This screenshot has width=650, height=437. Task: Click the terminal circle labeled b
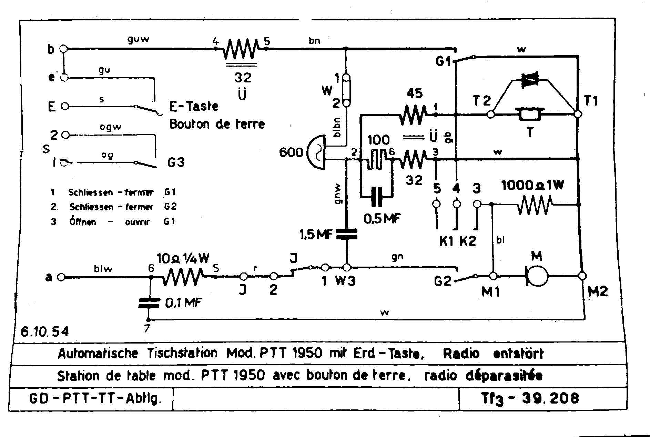point(63,49)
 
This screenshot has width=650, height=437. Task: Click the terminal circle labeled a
point(61,277)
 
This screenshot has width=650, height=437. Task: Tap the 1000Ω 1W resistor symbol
point(535,205)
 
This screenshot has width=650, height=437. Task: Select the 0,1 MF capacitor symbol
point(149,303)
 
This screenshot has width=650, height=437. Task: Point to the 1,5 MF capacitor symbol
point(347,234)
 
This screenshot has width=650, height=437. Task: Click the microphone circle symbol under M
point(538,276)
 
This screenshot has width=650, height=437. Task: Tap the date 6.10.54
point(45,331)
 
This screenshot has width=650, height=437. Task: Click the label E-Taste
point(194,106)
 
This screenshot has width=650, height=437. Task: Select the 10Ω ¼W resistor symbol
point(183,277)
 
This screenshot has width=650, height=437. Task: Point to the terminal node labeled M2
point(582,276)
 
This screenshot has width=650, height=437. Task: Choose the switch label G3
point(176,162)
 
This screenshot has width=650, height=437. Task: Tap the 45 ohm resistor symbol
point(413,115)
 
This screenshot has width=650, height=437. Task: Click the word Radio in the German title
point(461,354)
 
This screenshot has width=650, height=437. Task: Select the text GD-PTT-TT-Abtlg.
point(95,399)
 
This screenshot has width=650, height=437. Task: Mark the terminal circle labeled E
point(65,107)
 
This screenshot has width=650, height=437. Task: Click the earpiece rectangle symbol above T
point(530,114)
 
